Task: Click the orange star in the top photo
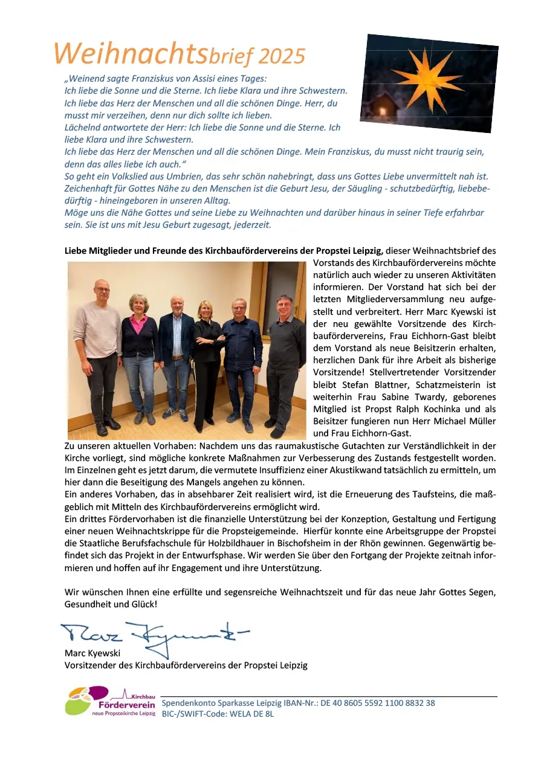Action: tap(422, 76)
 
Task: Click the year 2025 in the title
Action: tap(282, 56)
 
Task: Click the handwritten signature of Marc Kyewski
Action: tap(154, 632)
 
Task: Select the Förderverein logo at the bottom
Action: tap(110, 701)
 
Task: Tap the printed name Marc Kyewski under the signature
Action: tap(92, 653)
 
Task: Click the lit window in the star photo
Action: tap(382, 111)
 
